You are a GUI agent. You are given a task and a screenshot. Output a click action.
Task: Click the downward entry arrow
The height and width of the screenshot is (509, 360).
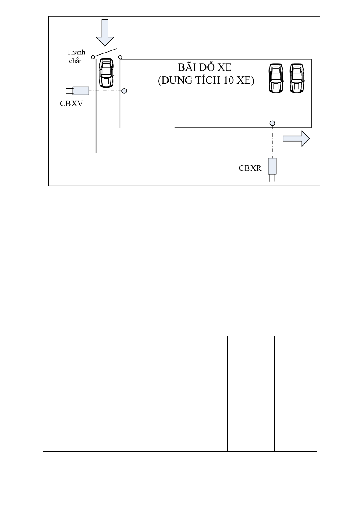point(105,33)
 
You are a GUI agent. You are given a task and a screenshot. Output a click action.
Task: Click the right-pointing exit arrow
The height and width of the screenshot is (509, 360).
point(296,139)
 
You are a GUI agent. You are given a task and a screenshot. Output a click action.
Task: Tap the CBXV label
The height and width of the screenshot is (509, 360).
point(72,104)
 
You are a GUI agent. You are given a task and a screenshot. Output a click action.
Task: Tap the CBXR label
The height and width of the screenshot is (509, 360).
point(250,168)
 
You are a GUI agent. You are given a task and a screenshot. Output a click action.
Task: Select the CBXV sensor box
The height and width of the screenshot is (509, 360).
point(81,91)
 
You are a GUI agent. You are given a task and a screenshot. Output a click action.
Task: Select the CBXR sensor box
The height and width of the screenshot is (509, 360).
point(272,166)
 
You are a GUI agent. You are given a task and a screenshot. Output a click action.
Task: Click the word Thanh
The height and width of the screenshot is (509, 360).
point(76,52)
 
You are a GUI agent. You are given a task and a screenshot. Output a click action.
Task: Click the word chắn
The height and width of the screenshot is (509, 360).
point(76,61)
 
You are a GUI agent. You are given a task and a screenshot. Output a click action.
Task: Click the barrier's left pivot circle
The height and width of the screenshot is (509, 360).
point(93,57)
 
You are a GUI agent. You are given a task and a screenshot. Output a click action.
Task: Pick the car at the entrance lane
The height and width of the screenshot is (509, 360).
point(107,73)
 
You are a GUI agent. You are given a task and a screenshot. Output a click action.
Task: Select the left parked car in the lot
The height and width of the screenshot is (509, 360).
point(276,78)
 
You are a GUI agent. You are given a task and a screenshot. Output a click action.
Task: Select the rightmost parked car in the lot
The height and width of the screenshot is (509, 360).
point(297,78)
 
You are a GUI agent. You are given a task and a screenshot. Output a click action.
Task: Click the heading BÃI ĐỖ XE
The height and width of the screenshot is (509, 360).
point(205,67)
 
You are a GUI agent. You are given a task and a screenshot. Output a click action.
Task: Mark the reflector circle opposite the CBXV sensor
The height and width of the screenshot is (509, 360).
point(124,91)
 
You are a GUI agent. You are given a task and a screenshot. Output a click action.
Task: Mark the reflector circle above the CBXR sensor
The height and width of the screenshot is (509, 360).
point(272,123)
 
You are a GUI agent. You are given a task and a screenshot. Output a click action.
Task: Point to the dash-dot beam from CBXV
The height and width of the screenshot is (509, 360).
point(105,91)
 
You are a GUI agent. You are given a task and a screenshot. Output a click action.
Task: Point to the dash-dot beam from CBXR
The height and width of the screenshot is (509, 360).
point(272,142)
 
